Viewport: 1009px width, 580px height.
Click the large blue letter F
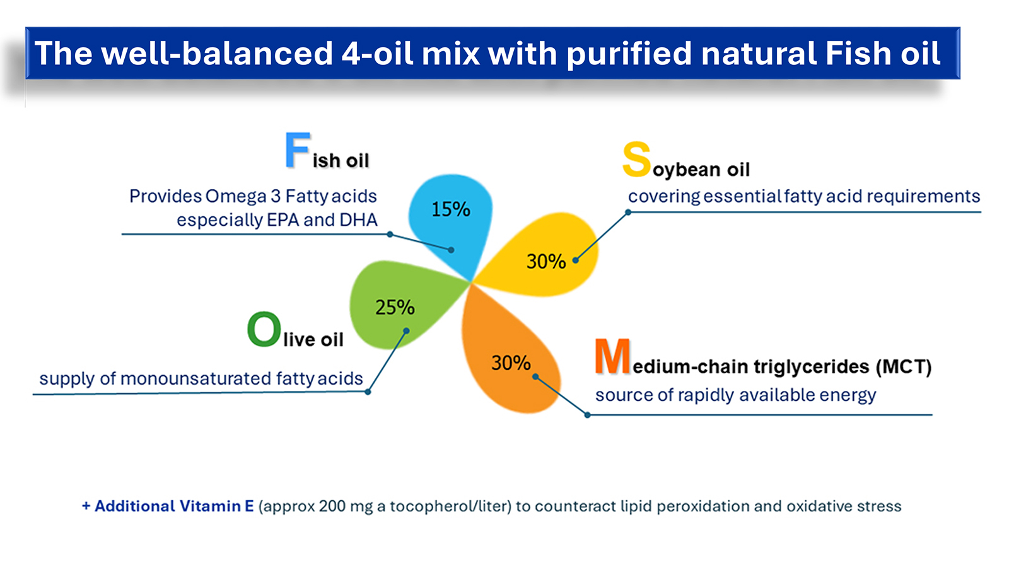coord(297,151)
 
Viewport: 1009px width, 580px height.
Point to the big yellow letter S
coord(636,159)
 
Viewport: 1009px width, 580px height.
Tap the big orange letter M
coord(612,357)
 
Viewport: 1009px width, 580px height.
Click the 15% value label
coord(450,209)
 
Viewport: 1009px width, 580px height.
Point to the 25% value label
coord(395,308)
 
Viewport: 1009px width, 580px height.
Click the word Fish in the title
coord(858,54)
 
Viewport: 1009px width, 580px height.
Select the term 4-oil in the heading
coord(377,54)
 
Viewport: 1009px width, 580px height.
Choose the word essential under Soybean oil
coord(742,197)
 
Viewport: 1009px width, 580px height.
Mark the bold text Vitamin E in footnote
coord(216,506)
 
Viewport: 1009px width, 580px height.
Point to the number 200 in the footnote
coord(332,506)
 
